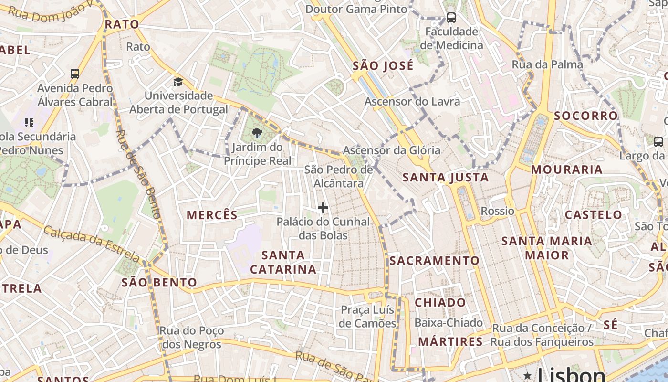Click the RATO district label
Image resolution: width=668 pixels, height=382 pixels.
pyautogui.click(x=122, y=24)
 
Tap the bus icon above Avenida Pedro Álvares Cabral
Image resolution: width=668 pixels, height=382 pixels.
pyautogui.click(x=75, y=74)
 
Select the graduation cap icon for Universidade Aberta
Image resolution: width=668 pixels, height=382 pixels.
pyautogui.click(x=178, y=82)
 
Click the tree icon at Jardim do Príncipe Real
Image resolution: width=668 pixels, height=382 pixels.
pyautogui.click(x=257, y=133)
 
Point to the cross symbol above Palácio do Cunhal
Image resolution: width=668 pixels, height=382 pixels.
pyautogui.click(x=323, y=208)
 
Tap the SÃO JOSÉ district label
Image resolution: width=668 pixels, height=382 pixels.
pyautogui.click(x=383, y=65)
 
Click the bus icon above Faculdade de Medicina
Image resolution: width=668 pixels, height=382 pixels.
pyautogui.click(x=451, y=18)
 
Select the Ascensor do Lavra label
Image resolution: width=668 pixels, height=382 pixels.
pyautogui.click(x=412, y=101)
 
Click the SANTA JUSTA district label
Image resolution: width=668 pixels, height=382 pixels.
pyautogui.click(x=446, y=178)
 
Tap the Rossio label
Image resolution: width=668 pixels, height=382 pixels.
pyautogui.click(x=498, y=211)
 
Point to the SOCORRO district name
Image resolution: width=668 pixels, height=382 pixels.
pyautogui.click(x=586, y=116)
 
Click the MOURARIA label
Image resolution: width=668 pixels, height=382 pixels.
pyautogui.click(x=567, y=170)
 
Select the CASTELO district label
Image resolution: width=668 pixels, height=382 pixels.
pyautogui.click(x=594, y=215)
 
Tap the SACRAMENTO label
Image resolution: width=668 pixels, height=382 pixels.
pyautogui.click(x=434, y=261)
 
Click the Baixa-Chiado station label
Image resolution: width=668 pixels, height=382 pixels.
pyautogui.click(x=449, y=323)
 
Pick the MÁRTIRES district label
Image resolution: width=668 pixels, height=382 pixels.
pyautogui.click(x=450, y=342)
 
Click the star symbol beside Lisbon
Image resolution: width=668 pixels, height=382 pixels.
pyautogui.click(x=528, y=375)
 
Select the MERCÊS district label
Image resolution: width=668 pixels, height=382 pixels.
pyautogui.click(x=212, y=215)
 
